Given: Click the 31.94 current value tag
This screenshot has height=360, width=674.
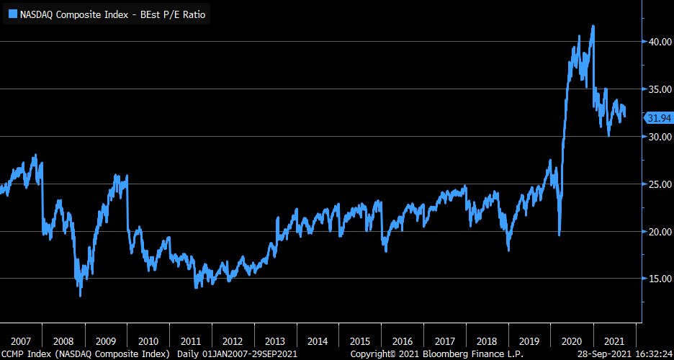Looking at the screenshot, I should coord(659,118).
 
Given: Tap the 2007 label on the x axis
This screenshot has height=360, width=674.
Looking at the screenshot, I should coord(20,341).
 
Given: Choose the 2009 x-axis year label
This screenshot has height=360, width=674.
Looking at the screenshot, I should coord(105,341).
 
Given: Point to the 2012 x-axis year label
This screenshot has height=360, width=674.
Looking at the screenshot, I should coord(233,341).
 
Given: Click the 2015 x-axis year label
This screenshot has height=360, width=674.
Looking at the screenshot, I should coord(360,341).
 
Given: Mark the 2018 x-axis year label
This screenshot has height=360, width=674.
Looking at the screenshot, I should coord(487,341).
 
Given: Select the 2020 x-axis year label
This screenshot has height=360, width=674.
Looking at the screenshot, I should coord(572,341).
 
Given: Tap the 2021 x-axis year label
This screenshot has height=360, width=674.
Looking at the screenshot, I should coord(615,341).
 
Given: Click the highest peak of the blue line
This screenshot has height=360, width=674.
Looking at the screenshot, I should coord(593,27).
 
